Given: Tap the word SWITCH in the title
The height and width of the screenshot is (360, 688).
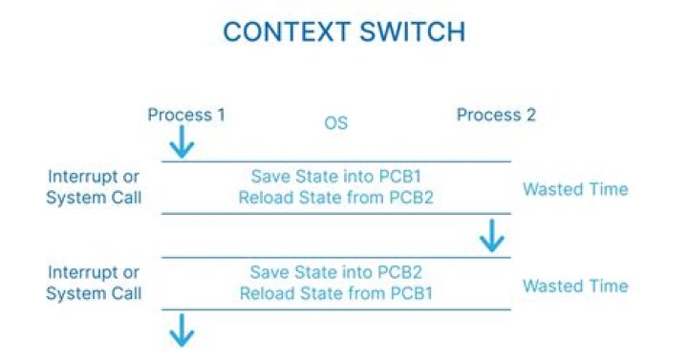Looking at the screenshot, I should click(x=408, y=32).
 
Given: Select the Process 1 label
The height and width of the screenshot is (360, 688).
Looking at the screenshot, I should click(x=186, y=116).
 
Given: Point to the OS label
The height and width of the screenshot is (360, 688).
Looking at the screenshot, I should click(x=335, y=123).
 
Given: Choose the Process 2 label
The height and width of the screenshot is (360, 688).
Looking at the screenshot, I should click(x=496, y=116).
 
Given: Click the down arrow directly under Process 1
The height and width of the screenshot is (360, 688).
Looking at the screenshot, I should click(x=182, y=142).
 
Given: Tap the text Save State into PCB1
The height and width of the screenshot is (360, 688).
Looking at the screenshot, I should click(x=335, y=177).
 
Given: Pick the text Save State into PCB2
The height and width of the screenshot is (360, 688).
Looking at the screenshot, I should click(x=335, y=273).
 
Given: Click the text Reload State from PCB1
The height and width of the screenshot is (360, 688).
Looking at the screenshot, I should click(x=335, y=293).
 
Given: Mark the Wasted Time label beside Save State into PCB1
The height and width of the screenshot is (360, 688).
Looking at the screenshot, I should click(x=575, y=189).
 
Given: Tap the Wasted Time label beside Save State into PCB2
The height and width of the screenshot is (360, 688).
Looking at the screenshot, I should click(x=575, y=286).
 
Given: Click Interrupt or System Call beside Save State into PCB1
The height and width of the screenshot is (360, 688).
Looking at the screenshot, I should click(x=94, y=187).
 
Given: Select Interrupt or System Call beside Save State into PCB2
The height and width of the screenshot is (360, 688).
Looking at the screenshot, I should click(x=94, y=284).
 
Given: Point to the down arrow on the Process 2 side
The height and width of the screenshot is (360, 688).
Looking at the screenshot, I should click(x=492, y=236).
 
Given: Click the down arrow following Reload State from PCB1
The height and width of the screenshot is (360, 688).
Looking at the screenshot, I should click(x=182, y=330).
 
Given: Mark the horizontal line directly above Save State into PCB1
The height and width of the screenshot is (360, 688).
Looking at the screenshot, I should click(x=335, y=161).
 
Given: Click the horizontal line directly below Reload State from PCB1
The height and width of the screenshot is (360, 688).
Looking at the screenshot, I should click(x=335, y=310).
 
